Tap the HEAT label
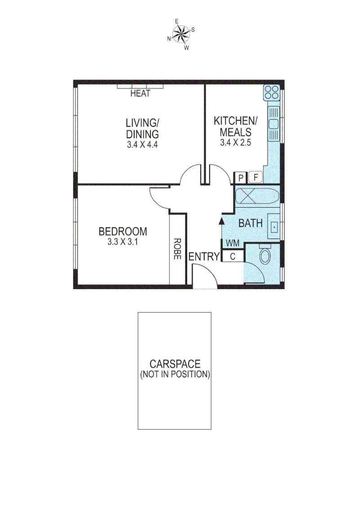point(140,94)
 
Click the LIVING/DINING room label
point(142,128)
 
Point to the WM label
point(232,243)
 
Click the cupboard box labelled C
point(233,257)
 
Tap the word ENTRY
point(204,257)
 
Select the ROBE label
point(177,249)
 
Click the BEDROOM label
point(123,232)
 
